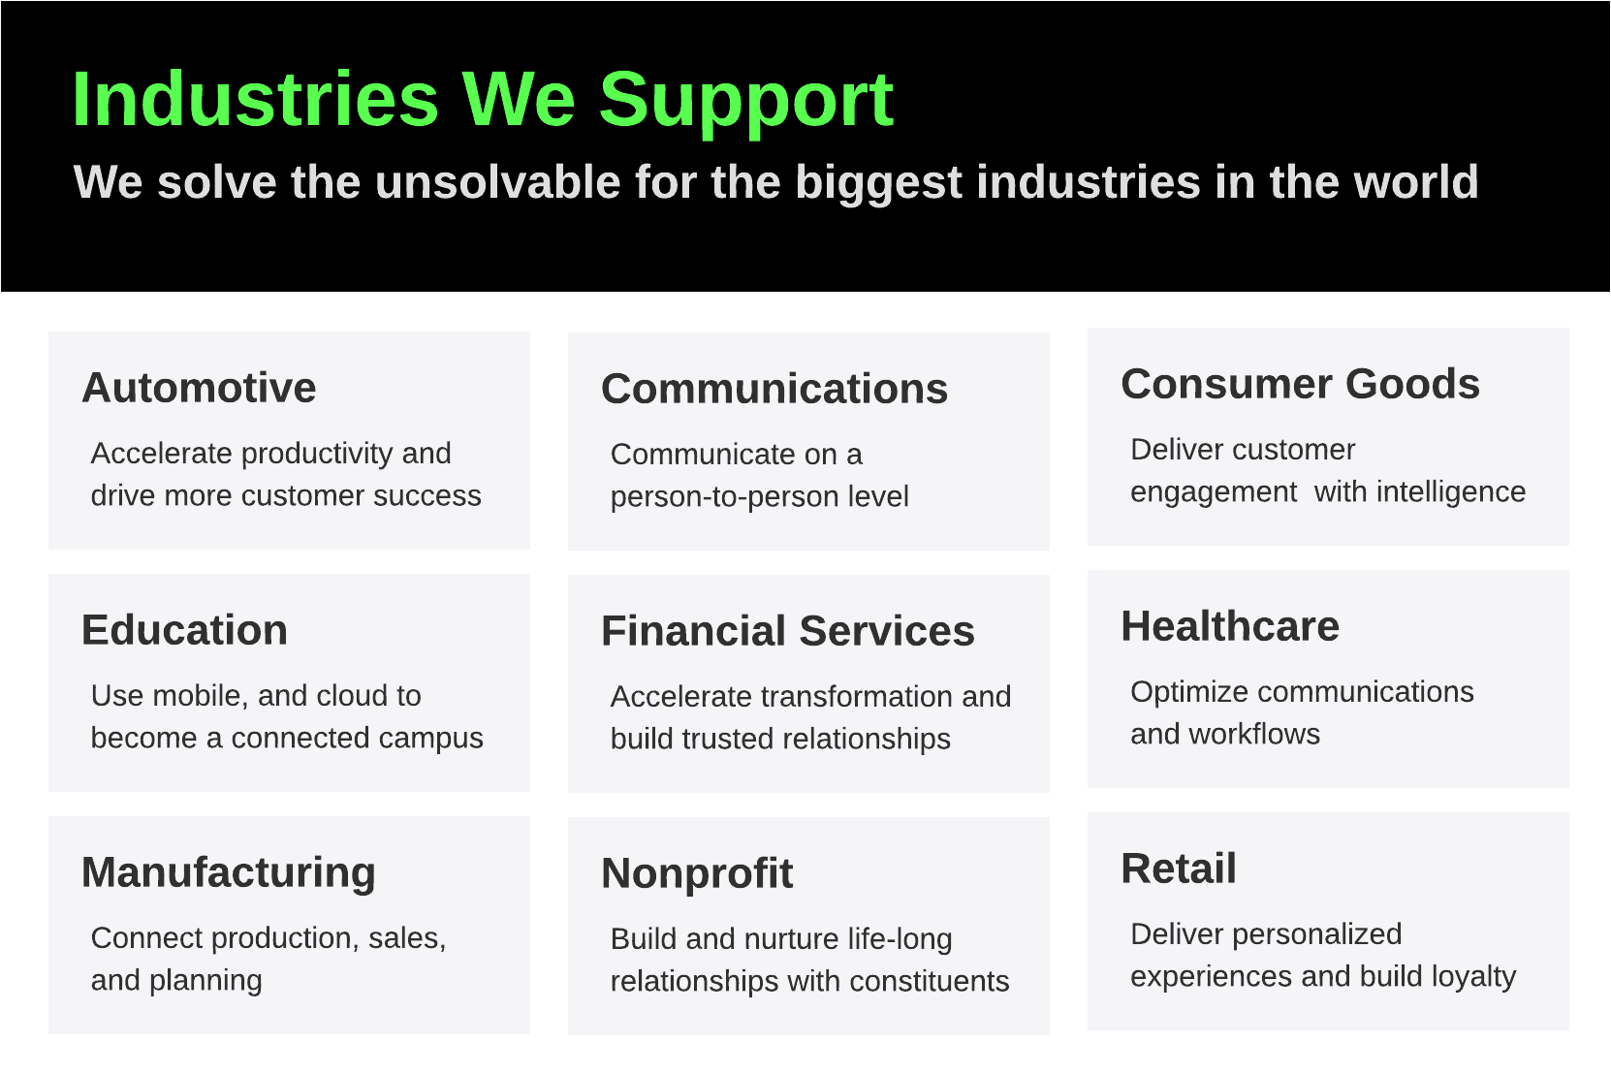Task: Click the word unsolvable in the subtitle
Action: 497,181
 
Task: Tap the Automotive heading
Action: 200,388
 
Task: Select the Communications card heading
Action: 774,389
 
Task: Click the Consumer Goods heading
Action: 1300,384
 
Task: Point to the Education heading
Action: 185,630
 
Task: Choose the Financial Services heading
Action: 787,631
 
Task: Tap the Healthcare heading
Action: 1230,626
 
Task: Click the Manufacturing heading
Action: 229,873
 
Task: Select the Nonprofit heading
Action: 697,874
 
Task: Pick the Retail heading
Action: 1179,869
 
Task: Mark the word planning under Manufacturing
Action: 205,981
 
